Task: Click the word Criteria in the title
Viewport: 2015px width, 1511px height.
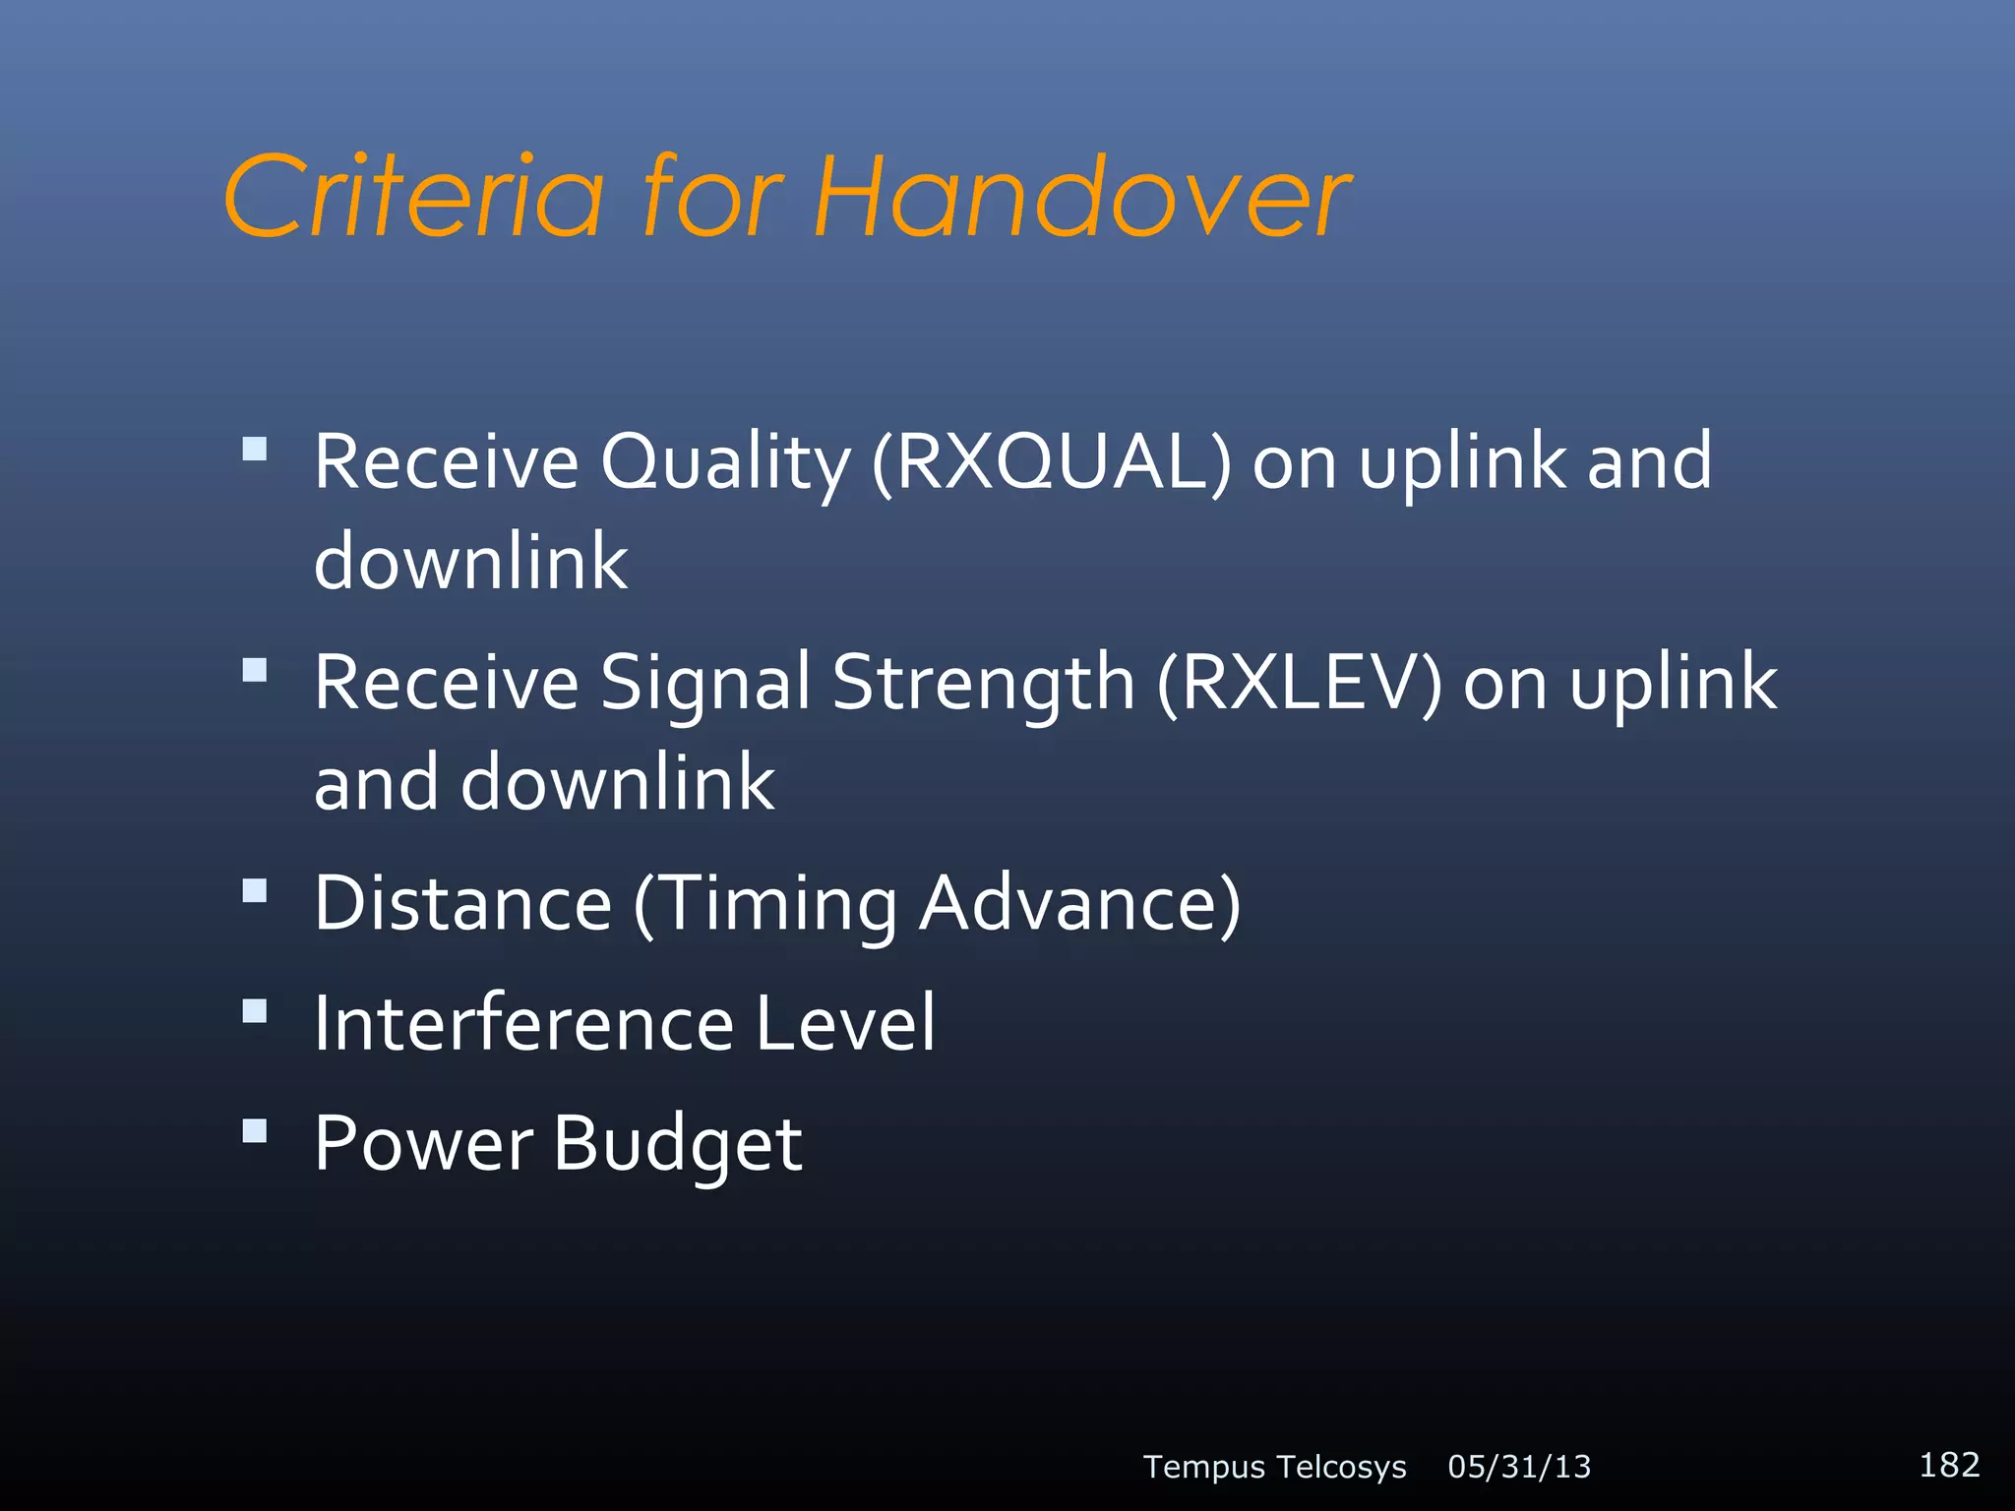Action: pos(413,197)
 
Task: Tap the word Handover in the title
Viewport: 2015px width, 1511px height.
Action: pos(1082,197)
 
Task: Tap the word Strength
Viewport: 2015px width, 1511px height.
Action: pos(984,684)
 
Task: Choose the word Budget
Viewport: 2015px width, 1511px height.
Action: pos(677,1145)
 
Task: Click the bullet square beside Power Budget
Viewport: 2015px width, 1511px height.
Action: pos(255,1130)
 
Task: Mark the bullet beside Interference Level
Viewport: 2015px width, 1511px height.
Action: pos(255,1010)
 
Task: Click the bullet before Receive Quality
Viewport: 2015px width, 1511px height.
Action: pos(255,449)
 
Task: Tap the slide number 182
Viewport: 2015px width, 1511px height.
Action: pos(1949,1465)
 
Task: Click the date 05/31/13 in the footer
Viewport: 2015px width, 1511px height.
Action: pos(1519,1467)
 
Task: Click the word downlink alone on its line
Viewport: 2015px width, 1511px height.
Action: pos(470,562)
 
